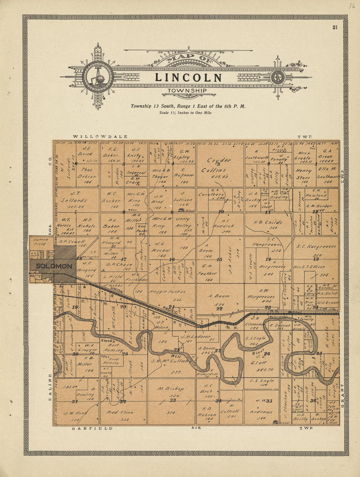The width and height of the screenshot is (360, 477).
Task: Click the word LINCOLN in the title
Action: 188,78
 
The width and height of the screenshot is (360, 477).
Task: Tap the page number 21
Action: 335,27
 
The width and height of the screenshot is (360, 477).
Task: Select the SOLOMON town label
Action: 54,266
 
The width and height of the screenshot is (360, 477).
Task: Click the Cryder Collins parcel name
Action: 218,165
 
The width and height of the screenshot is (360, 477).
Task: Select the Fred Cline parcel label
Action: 120,413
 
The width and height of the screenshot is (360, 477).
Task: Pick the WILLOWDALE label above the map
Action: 100,136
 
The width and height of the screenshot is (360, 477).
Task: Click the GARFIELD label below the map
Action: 92,428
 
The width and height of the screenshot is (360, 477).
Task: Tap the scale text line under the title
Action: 185,113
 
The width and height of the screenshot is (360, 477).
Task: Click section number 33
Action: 172,400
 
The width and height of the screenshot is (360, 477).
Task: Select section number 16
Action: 171,260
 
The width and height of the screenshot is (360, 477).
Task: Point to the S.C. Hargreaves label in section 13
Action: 316,247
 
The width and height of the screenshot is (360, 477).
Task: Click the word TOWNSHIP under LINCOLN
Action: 187,91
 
